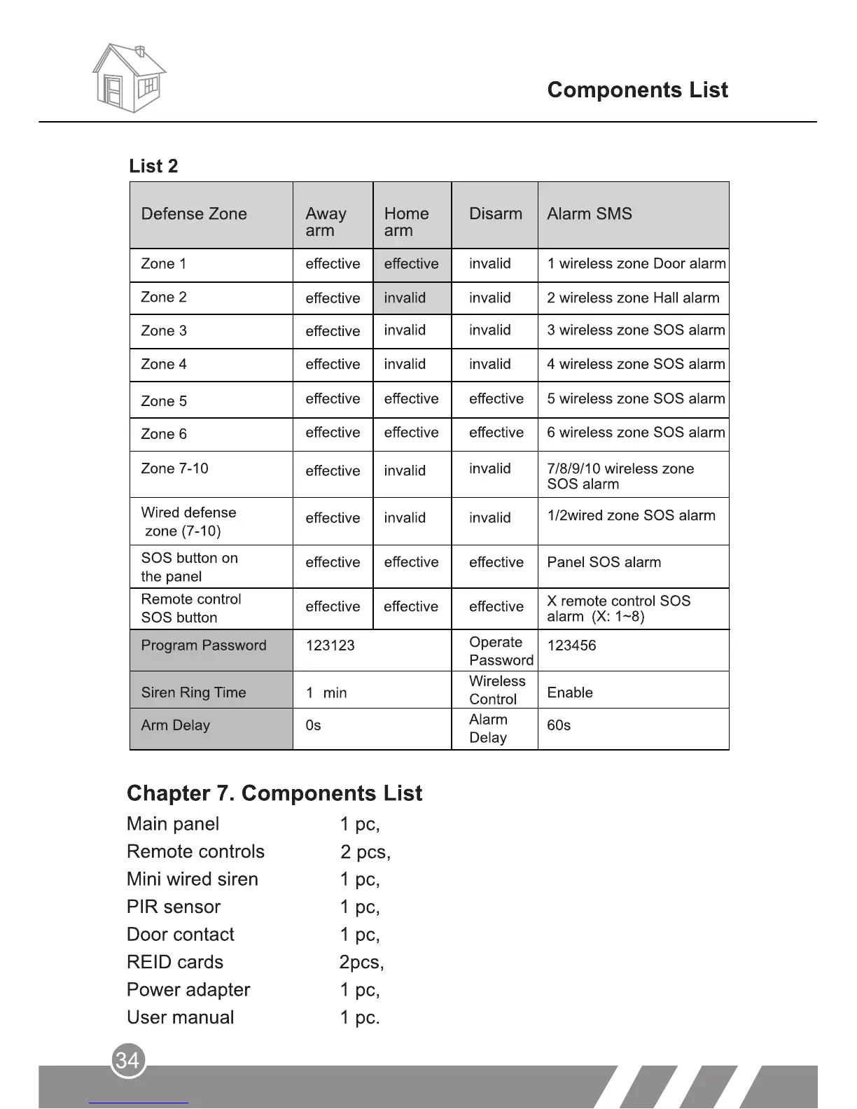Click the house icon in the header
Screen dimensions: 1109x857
[x=129, y=78]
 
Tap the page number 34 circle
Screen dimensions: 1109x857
[x=127, y=1060]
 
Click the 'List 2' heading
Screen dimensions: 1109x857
[x=153, y=166]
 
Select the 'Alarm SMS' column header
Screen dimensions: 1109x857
[x=589, y=214]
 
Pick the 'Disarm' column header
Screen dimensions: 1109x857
[x=495, y=214]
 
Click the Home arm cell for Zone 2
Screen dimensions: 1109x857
[x=405, y=298]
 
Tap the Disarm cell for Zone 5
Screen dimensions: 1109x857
[x=496, y=398]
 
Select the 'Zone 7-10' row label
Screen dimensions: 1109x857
[x=174, y=468]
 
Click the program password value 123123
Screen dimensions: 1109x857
[x=330, y=646]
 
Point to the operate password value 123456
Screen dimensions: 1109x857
[x=571, y=646]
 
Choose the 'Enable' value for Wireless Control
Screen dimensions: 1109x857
[x=569, y=692]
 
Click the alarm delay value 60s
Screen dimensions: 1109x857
[x=559, y=725]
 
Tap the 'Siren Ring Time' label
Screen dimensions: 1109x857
[x=193, y=692]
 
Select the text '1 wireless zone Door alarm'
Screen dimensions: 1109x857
[x=636, y=264]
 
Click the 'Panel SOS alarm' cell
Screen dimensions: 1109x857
[x=604, y=562]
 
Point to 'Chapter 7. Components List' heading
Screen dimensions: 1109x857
[x=274, y=793]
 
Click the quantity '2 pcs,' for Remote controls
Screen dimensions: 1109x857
[x=365, y=852]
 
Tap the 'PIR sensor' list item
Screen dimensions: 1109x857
[x=174, y=907]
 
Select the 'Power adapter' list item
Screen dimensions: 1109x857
[x=188, y=990]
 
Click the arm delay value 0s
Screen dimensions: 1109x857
[x=313, y=725]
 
